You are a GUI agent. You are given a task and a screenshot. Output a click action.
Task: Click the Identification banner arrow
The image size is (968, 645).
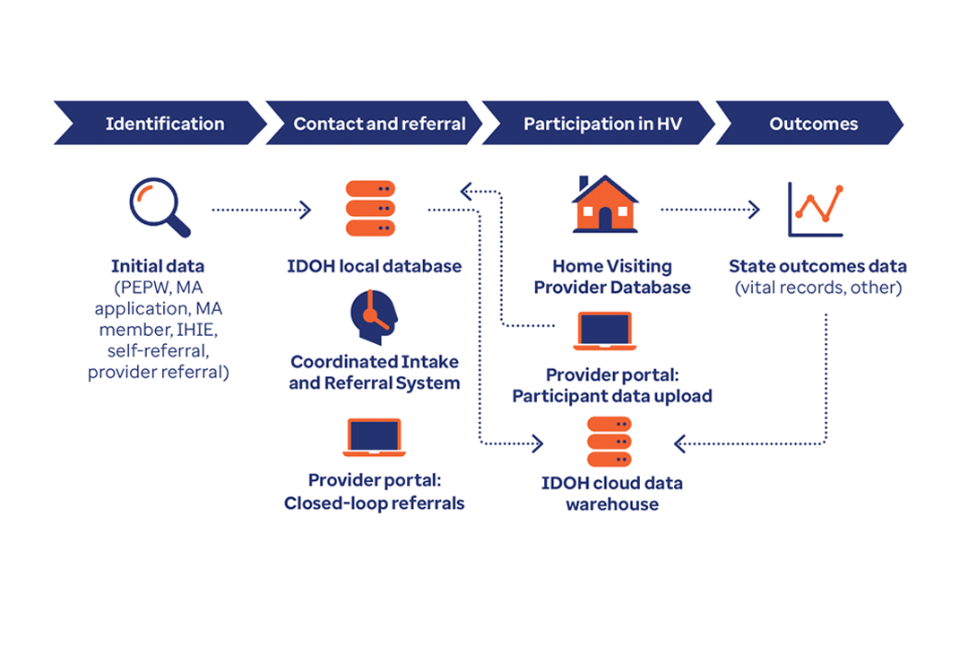160,123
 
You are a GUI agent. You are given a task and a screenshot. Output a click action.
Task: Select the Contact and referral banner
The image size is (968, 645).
374,123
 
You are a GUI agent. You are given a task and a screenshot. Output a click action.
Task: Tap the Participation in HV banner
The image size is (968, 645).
598,123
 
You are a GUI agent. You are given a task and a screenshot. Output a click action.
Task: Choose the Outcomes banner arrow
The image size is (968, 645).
809,123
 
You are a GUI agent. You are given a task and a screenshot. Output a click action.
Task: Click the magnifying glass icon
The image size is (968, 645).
160,208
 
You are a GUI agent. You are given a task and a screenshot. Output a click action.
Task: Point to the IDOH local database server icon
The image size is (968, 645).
370,209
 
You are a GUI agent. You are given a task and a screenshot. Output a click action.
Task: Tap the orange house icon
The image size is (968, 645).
605,204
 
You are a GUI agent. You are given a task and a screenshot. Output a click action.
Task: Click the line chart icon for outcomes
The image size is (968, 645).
816,210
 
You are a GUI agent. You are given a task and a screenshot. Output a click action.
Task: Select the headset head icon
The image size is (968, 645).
374,316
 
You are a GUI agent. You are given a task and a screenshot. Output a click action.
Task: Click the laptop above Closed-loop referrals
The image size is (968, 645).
374,437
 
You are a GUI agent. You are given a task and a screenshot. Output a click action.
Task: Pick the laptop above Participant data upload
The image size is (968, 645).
604,331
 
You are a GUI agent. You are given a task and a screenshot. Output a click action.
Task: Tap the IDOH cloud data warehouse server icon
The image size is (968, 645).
609,442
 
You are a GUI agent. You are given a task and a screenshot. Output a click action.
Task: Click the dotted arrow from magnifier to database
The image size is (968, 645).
261,210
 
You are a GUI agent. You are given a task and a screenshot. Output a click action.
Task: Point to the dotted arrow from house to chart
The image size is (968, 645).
710,210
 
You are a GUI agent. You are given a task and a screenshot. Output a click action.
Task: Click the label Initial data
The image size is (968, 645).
158,266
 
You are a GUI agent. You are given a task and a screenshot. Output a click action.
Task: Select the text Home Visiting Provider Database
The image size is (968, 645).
612,277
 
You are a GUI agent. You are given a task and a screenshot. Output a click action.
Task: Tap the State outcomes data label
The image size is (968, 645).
818,266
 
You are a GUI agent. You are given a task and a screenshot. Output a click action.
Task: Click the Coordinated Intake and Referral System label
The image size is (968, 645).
375,372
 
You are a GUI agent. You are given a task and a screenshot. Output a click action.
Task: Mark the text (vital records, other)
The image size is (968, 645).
818,288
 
